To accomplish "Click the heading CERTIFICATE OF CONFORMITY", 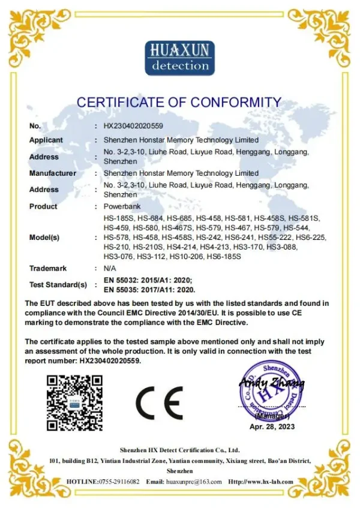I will (x=179, y=103).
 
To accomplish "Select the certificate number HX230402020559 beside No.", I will (x=133, y=126).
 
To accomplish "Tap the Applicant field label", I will (x=46, y=140).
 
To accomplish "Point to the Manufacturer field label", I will (x=53, y=173).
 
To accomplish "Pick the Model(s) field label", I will (x=44, y=238).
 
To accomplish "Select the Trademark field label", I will (x=48, y=268).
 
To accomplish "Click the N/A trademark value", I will (x=110, y=268).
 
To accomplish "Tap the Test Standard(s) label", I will (x=58, y=284).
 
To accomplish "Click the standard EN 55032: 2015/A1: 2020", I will (x=147, y=279).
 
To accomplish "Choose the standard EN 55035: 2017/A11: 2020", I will (x=148, y=288).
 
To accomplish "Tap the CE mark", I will (x=159, y=403).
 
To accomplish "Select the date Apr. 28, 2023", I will (x=272, y=426).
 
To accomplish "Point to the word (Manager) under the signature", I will (x=272, y=416).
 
